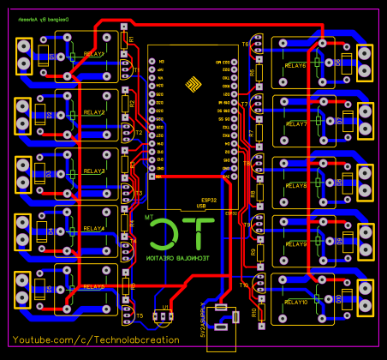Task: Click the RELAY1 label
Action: click(x=94, y=53)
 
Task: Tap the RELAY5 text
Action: click(x=94, y=287)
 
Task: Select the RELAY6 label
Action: click(x=295, y=65)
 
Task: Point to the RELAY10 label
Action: click(x=296, y=303)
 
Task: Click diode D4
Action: click(x=51, y=231)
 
